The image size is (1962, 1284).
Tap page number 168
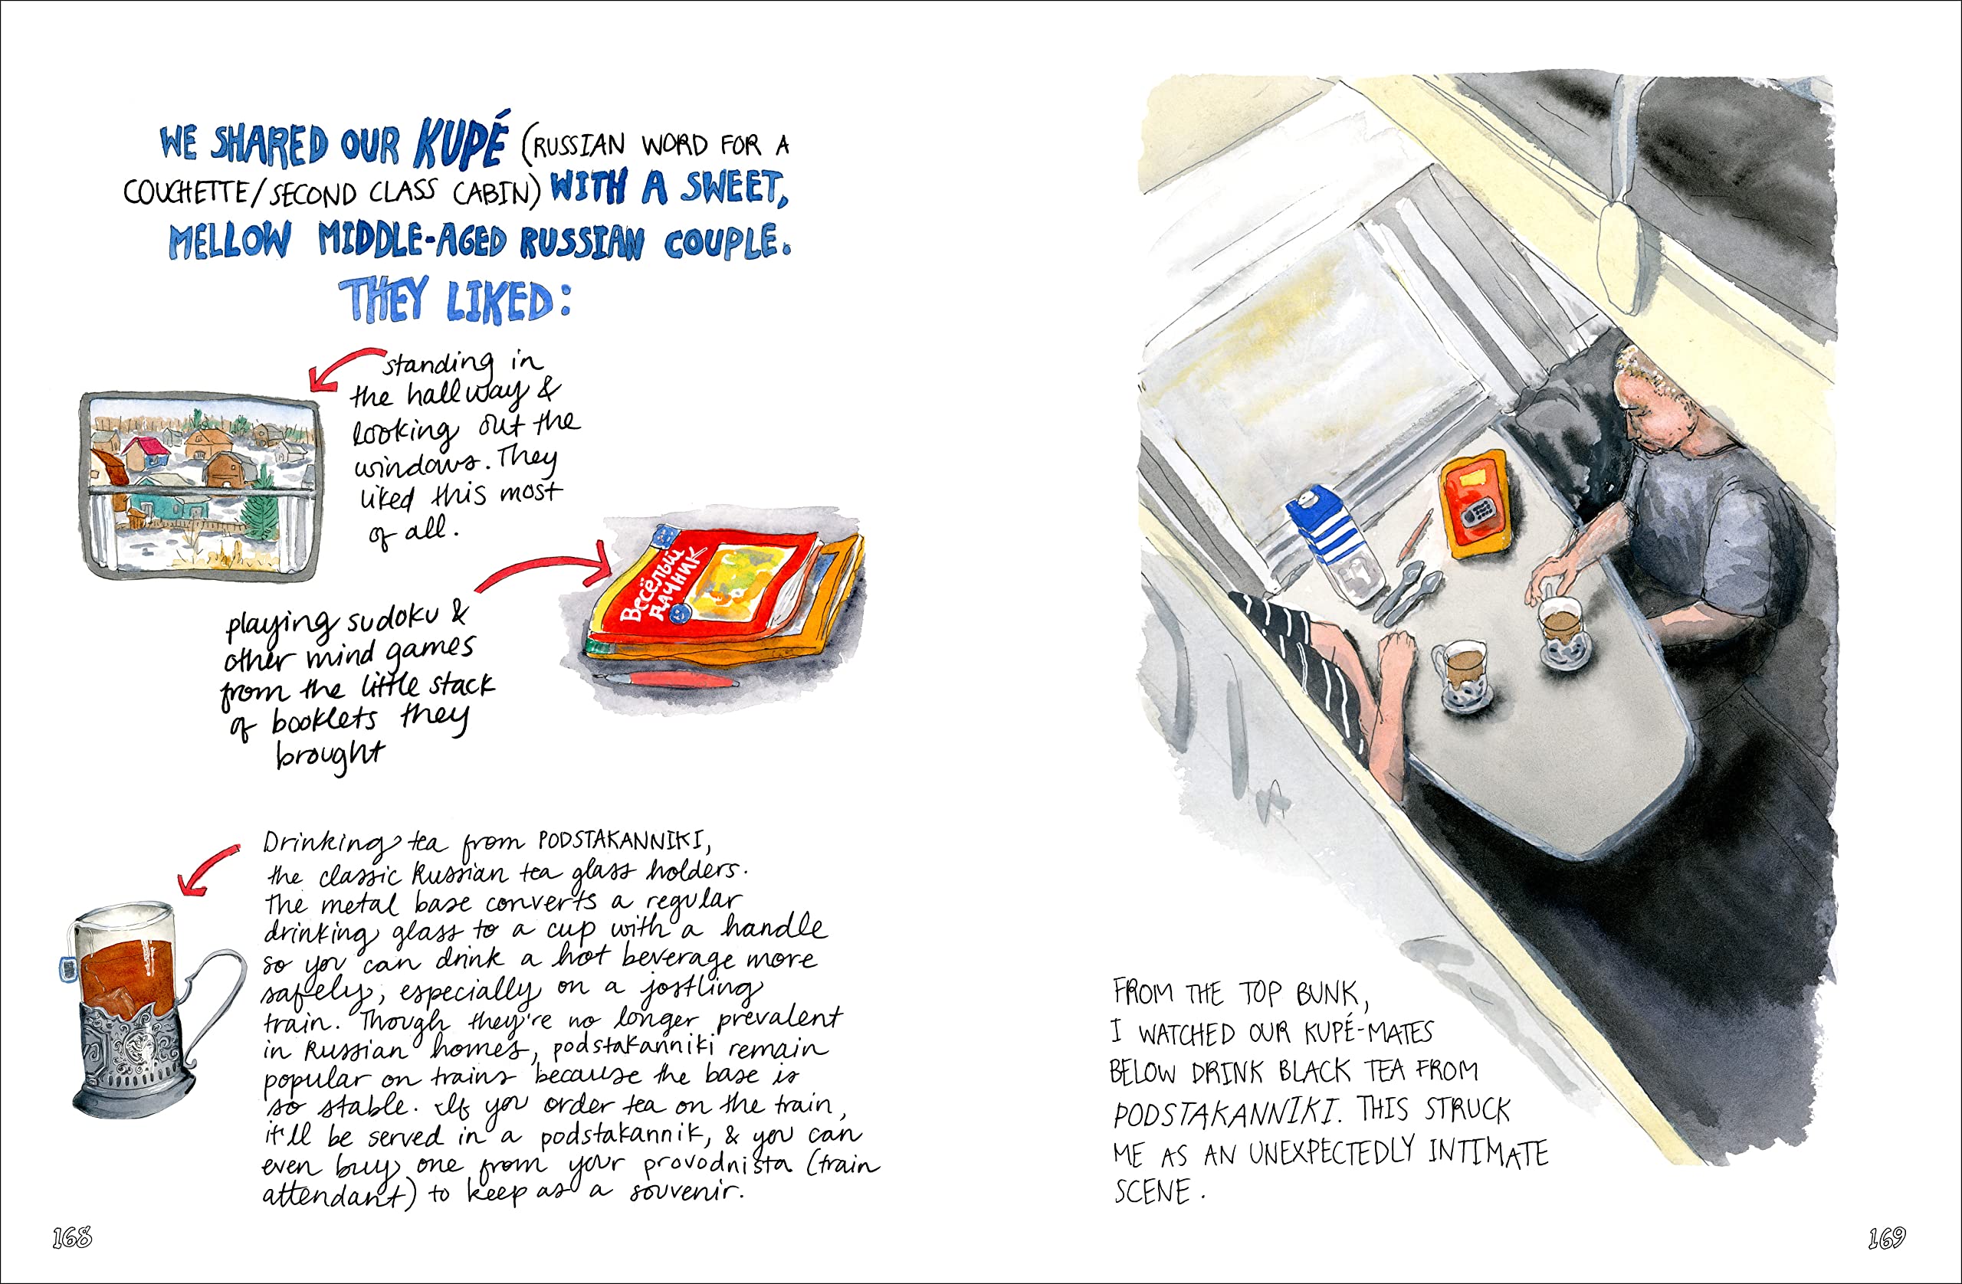click(72, 1237)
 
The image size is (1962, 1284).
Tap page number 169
click(1886, 1237)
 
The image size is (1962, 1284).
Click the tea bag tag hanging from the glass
click(67, 968)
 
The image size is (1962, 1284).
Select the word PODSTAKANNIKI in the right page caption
click(1224, 1114)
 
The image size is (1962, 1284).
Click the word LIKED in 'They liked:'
click(500, 302)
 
